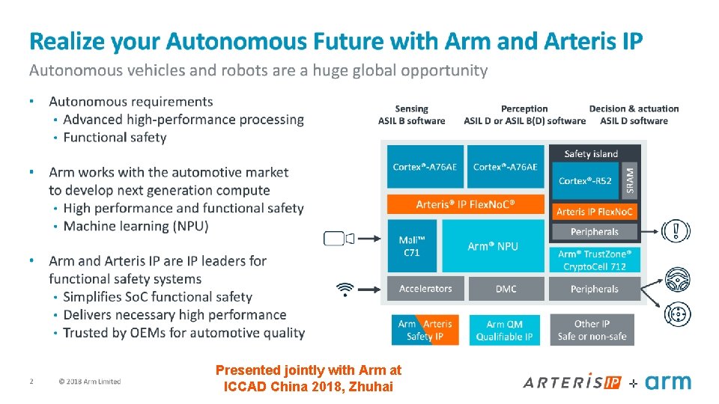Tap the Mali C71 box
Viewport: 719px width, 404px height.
[411, 246]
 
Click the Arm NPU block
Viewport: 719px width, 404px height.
[493, 246]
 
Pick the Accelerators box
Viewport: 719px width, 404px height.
[425, 289]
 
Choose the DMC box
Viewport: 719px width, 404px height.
[506, 289]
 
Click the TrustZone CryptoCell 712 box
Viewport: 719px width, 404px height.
[595, 260]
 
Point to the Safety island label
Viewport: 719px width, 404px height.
[591, 154]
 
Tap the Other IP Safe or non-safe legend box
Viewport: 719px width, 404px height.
[592, 330]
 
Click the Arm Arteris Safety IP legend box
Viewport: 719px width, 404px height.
[425, 330]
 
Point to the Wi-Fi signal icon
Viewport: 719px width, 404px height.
[345, 289]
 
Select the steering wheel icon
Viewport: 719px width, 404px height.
[677, 280]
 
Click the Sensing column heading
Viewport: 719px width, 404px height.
[411, 114]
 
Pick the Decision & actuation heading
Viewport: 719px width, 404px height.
[634, 114]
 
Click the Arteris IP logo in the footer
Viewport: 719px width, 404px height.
[573, 382]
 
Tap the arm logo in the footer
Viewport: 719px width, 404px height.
[667, 382]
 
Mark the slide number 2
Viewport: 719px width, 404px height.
[31, 382]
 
